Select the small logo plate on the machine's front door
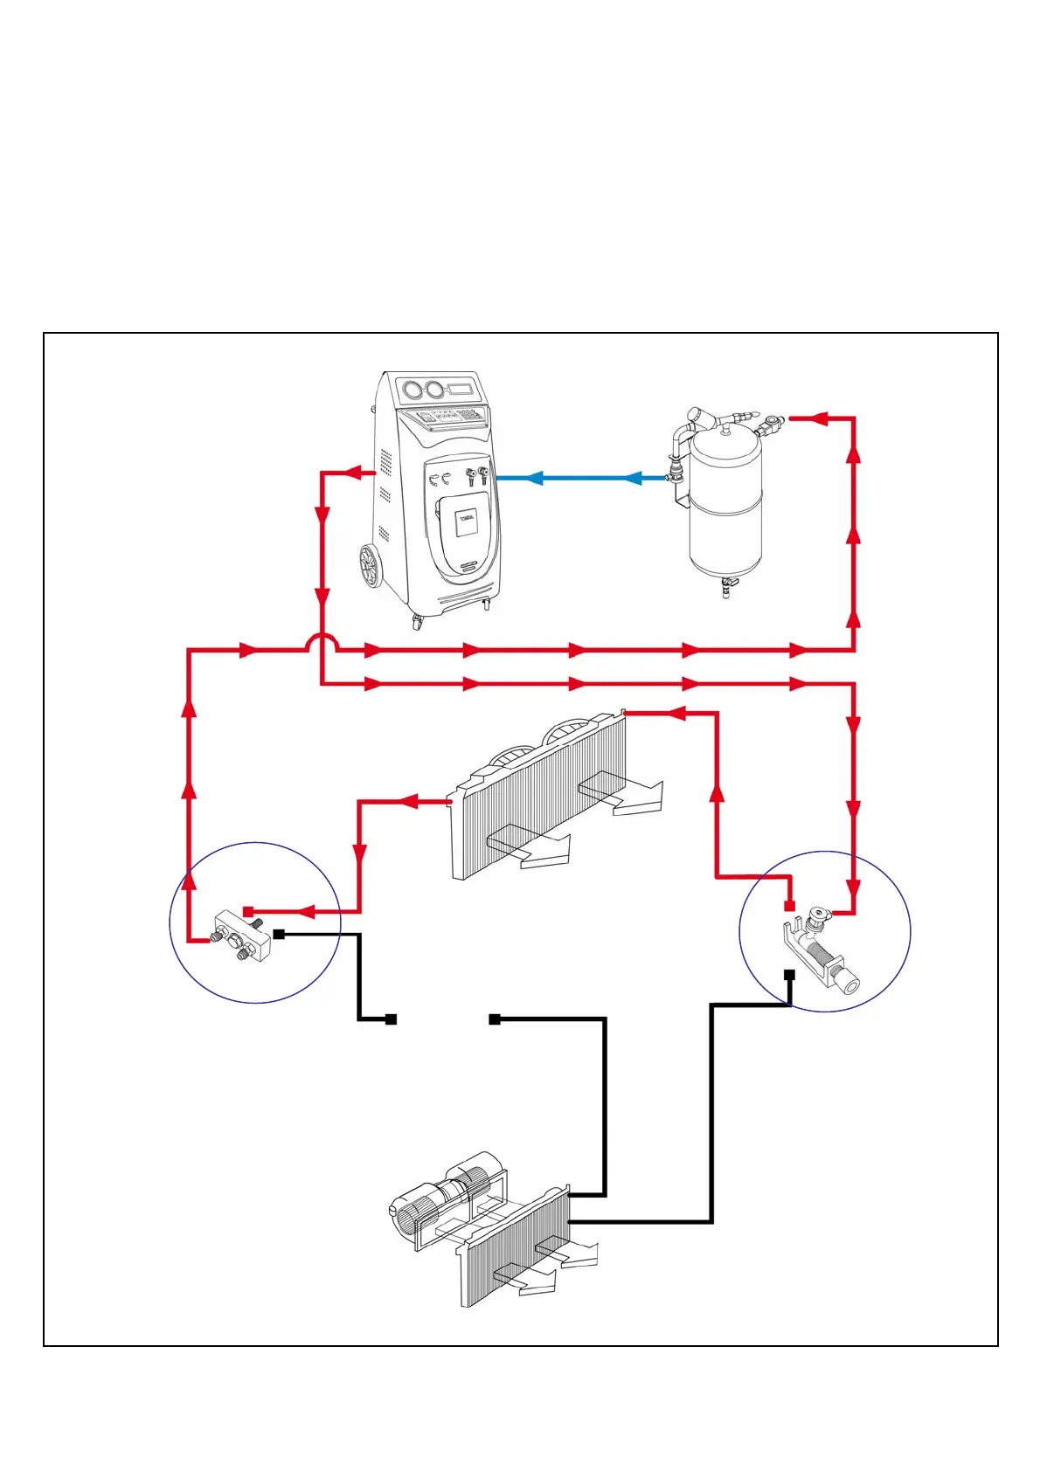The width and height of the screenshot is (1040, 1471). tap(465, 519)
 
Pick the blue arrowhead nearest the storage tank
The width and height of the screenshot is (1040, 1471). tap(633, 478)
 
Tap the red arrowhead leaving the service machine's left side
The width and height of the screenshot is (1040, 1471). tap(355, 473)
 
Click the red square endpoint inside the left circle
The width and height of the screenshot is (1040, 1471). tap(248, 911)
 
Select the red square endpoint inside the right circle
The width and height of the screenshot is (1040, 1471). tap(789, 905)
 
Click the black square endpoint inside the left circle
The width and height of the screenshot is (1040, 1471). tap(279, 934)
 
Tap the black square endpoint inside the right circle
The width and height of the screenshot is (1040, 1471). tap(789, 974)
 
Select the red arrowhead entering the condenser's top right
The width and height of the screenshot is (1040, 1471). tap(676, 714)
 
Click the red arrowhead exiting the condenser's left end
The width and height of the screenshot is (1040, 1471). tap(409, 801)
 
